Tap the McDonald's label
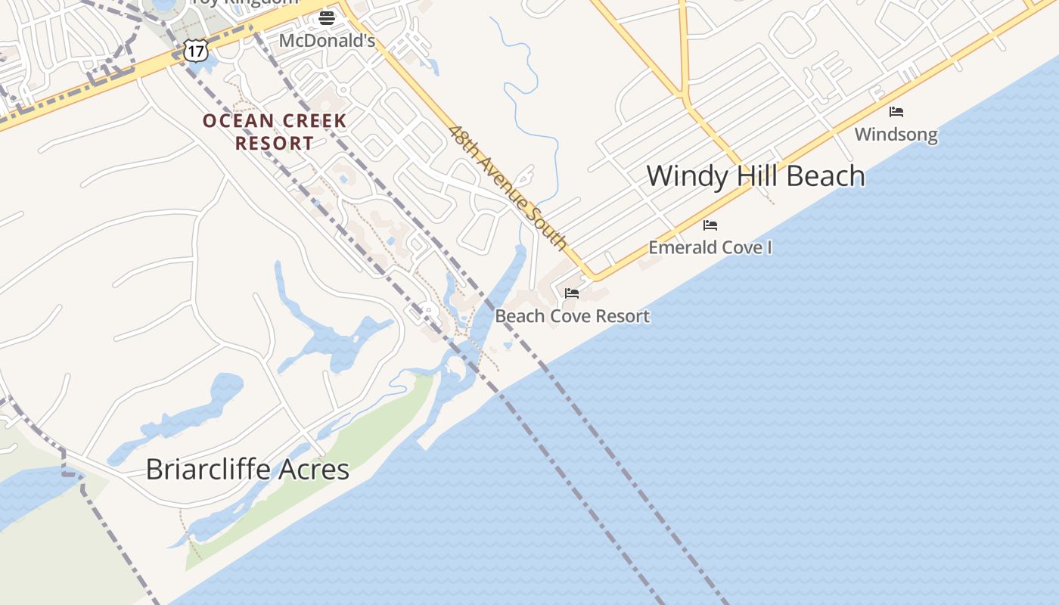click(x=327, y=41)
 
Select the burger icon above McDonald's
click(x=327, y=17)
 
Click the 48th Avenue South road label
click(x=508, y=187)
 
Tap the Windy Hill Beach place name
click(x=756, y=175)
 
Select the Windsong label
click(x=896, y=135)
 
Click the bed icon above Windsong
click(x=896, y=112)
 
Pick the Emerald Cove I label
click(x=710, y=247)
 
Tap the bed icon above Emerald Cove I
click(x=710, y=225)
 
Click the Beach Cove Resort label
click(x=572, y=316)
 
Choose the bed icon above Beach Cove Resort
click(x=572, y=293)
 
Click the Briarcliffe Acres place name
click(x=247, y=469)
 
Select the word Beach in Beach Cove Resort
click(x=520, y=316)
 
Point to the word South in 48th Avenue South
click(x=550, y=231)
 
